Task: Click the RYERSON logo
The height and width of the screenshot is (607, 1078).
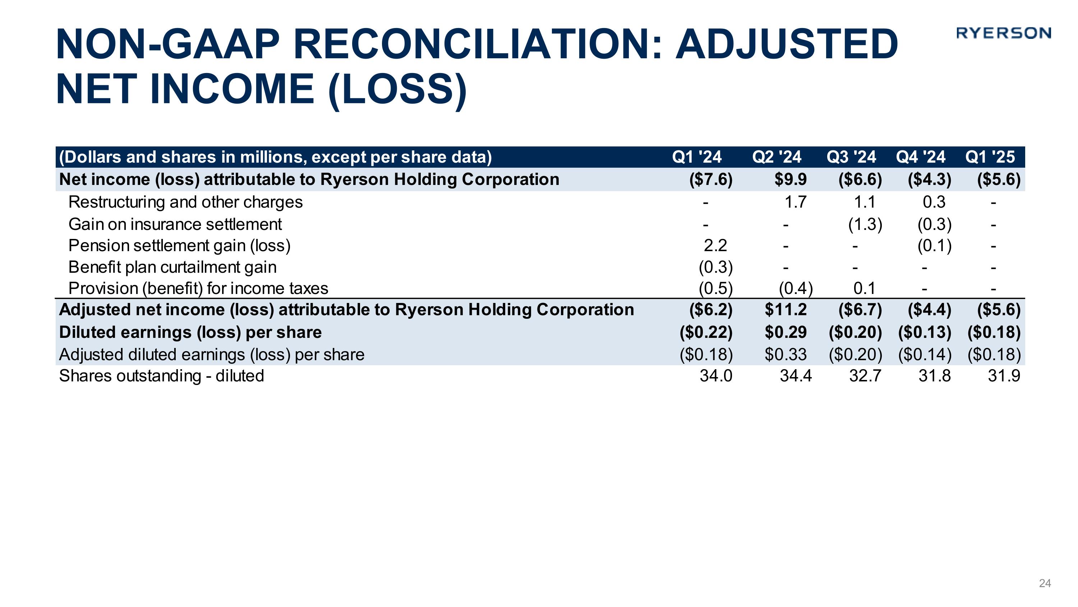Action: click(x=1003, y=33)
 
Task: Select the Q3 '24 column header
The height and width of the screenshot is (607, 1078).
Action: click(x=851, y=157)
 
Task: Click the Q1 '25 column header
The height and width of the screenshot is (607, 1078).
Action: click(x=990, y=157)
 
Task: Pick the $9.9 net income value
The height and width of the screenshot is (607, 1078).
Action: click(x=790, y=179)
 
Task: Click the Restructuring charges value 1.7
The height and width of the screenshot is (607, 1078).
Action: click(x=795, y=202)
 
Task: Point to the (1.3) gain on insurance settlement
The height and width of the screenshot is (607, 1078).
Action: click(x=865, y=225)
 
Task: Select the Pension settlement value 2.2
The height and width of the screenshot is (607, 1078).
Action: click(x=715, y=245)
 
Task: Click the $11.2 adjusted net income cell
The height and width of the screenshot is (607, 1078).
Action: click(x=786, y=309)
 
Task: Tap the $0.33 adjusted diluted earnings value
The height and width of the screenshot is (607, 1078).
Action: click(x=786, y=354)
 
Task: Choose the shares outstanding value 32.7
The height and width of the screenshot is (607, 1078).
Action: click(x=865, y=376)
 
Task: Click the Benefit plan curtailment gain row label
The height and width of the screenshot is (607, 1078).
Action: click(x=172, y=267)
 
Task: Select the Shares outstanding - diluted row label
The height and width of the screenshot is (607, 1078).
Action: click(x=162, y=376)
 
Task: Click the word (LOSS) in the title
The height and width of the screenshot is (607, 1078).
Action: click(x=397, y=89)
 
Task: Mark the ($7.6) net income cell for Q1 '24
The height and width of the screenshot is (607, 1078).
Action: click(x=710, y=179)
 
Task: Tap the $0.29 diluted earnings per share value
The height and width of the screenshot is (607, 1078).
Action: click(x=786, y=332)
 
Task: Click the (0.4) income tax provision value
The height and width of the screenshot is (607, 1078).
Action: click(x=795, y=288)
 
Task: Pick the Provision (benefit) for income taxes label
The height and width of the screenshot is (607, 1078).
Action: click(x=198, y=288)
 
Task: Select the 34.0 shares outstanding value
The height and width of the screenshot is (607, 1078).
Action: click(x=715, y=376)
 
